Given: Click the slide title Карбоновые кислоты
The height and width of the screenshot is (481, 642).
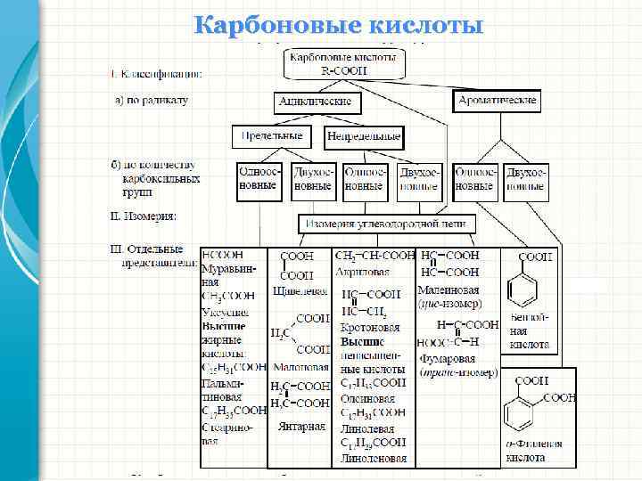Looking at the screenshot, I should (x=339, y=24).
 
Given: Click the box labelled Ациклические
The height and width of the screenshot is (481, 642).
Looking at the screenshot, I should (x=319, y=102).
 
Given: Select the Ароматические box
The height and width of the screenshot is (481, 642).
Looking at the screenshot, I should (x=497, y=101).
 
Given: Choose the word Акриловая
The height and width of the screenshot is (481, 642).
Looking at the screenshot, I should (x=360, y=271).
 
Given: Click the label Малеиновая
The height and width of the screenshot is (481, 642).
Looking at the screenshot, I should (x=448, y=289).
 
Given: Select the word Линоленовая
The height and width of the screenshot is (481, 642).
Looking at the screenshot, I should (x=373, y=459).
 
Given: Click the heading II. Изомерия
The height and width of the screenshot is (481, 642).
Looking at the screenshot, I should (x=143, y=216).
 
